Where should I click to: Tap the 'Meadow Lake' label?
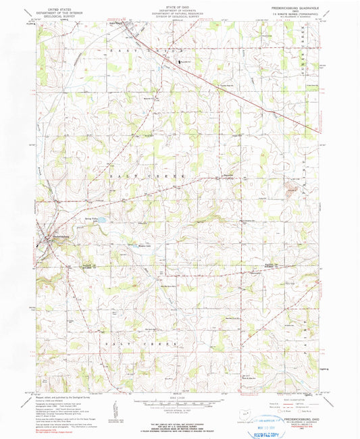click(143, 246)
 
